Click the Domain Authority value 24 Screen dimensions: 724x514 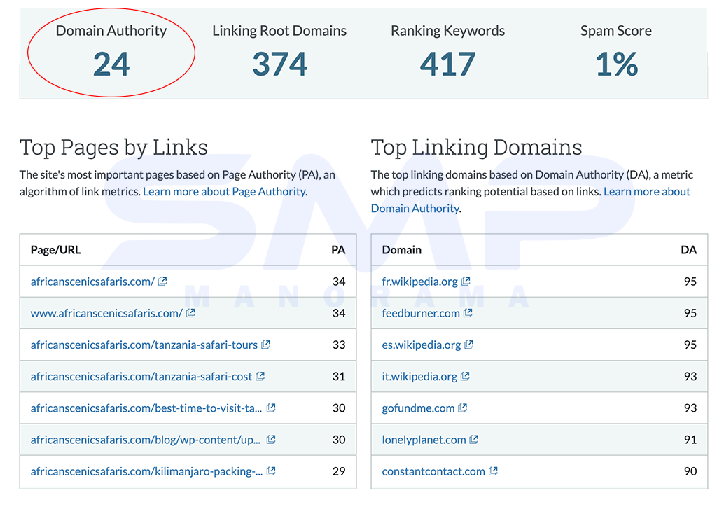(x=111, y=64)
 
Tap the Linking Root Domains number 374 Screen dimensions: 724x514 (x=279, y=64)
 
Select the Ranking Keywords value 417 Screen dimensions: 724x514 (x=447, y=64)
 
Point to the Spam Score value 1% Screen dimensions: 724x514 (x=616, y=64)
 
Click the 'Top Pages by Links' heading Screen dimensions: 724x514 (x=113, y=148)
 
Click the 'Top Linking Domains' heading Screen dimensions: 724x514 (x=476, y=148)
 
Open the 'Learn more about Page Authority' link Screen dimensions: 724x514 (x=224, y=192)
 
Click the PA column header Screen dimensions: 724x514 (x=338, y=250)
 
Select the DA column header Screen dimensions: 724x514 (x=688, y=250)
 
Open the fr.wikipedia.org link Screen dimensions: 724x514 (x=419, y=282)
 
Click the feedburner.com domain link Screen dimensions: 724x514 (x=421, y=313)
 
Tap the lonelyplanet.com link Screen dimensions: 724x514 (x=424, y=440)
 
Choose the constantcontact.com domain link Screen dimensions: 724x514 (x=433, y=471)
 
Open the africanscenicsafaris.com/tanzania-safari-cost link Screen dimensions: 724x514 (x=141, y=376)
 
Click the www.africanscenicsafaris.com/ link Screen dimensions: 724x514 (x=106, y=313)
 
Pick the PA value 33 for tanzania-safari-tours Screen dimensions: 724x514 (x=339, y=345)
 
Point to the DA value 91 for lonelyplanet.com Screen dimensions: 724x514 (x=690, y=440)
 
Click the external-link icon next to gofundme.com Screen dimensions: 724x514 (x=463, y=408)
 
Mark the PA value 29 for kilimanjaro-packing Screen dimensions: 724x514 (x=339, y=471)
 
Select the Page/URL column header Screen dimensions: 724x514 (x=55, y=250)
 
